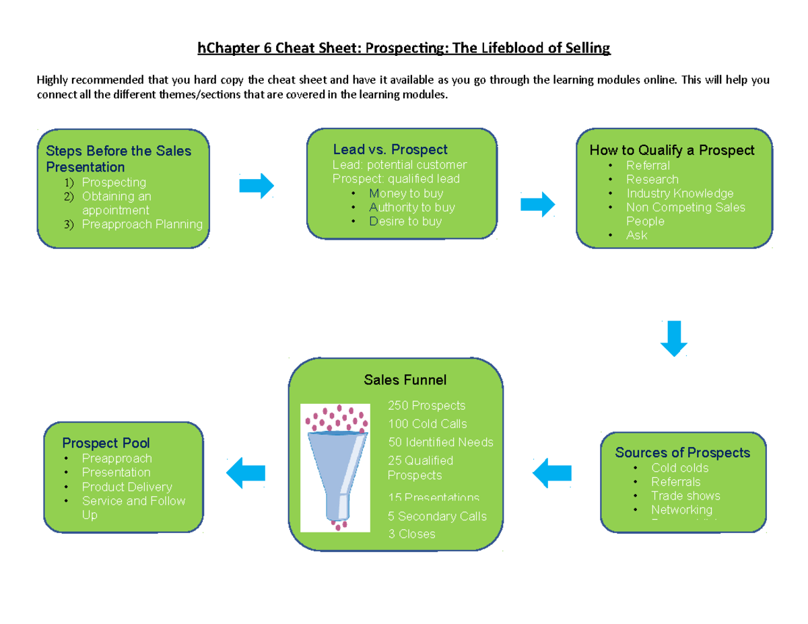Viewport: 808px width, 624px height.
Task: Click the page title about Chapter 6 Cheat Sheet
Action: pyautogui.click(x=403, y=48)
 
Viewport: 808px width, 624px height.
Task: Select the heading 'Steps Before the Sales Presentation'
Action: pyautogui.click(x=119, y=159)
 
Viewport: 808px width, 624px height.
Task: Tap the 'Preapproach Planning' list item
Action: pyautogui.click(x=142, y=224)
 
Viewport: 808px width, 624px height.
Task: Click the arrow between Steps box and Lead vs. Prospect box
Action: pyautogui.click(x=257, y=185)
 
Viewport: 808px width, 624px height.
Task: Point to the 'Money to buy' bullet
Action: pyautogui.click(x=405, y=193)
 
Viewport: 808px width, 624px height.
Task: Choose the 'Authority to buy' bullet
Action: pyautogui.click(x=411, y=207)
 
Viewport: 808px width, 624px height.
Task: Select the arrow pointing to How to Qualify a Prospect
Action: pyautogui.click(x=537, y=204)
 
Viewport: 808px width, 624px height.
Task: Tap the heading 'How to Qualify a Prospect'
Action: pyautogui.click(x=672, y=150)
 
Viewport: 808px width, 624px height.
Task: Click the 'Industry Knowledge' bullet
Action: pyautogui.click(x=679, y=193)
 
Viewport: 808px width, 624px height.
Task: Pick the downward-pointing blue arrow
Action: pyautogui.click(x=673, y=339)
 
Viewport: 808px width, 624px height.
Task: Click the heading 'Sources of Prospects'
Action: pyautogui.click(x=682, y=452)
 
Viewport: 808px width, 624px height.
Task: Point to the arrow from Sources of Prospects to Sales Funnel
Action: pyautogui.click(x=551, y=475)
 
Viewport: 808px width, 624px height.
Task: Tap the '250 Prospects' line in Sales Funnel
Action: pyautogui.click(x=426, y=405)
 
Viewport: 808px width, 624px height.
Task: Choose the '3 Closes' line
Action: pyautogui.click(x=411, y=534)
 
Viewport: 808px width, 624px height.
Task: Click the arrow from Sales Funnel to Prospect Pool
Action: pyautogui.click(x=245, y=474)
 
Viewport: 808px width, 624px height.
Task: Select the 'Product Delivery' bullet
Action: pyautogui.click(x=127, y=487)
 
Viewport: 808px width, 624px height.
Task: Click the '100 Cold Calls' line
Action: pyautogui.click(x=427, y=423)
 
